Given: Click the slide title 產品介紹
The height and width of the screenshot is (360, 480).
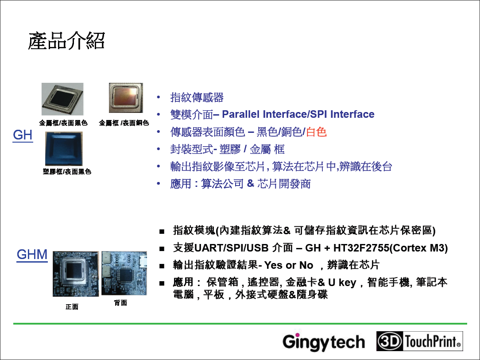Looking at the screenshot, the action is tap(66, 41).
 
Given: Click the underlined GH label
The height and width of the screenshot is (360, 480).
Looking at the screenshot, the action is tap(23, 135).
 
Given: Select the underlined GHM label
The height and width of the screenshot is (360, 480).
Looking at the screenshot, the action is tap(32, 255).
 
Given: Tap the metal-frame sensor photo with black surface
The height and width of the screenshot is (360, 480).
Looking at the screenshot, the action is tap(62, 99).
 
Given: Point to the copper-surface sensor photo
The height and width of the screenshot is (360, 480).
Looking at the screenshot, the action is tap(126, 98).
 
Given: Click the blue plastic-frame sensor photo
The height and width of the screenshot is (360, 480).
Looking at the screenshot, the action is tap(64, 149).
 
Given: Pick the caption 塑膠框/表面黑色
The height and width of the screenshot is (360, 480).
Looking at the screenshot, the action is tap(67, 171).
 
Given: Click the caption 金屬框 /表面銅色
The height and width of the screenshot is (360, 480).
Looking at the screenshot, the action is tap(124, 123).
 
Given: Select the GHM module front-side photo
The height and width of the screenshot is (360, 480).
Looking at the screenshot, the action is tap(76, 274).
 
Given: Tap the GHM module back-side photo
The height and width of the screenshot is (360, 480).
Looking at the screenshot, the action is tap(124, 273).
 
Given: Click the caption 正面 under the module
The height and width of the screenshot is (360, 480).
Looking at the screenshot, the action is tap(72, 307).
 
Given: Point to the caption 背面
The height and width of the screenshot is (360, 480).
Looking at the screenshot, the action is tap(120, 303).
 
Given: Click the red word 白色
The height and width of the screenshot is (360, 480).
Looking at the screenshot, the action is tap(316, 132).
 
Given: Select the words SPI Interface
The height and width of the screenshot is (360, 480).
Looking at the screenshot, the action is tap(342, 114).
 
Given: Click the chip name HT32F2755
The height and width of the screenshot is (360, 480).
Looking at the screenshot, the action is tap(361, 248).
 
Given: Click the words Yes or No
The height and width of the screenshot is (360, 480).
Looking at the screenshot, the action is tap(289, 265).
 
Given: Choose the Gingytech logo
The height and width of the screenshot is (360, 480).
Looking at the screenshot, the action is tap(324, 341).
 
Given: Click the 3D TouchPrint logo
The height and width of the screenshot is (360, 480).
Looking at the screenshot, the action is tap(420, 341).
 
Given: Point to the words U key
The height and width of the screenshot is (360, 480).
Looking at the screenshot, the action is tap(342, 282).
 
